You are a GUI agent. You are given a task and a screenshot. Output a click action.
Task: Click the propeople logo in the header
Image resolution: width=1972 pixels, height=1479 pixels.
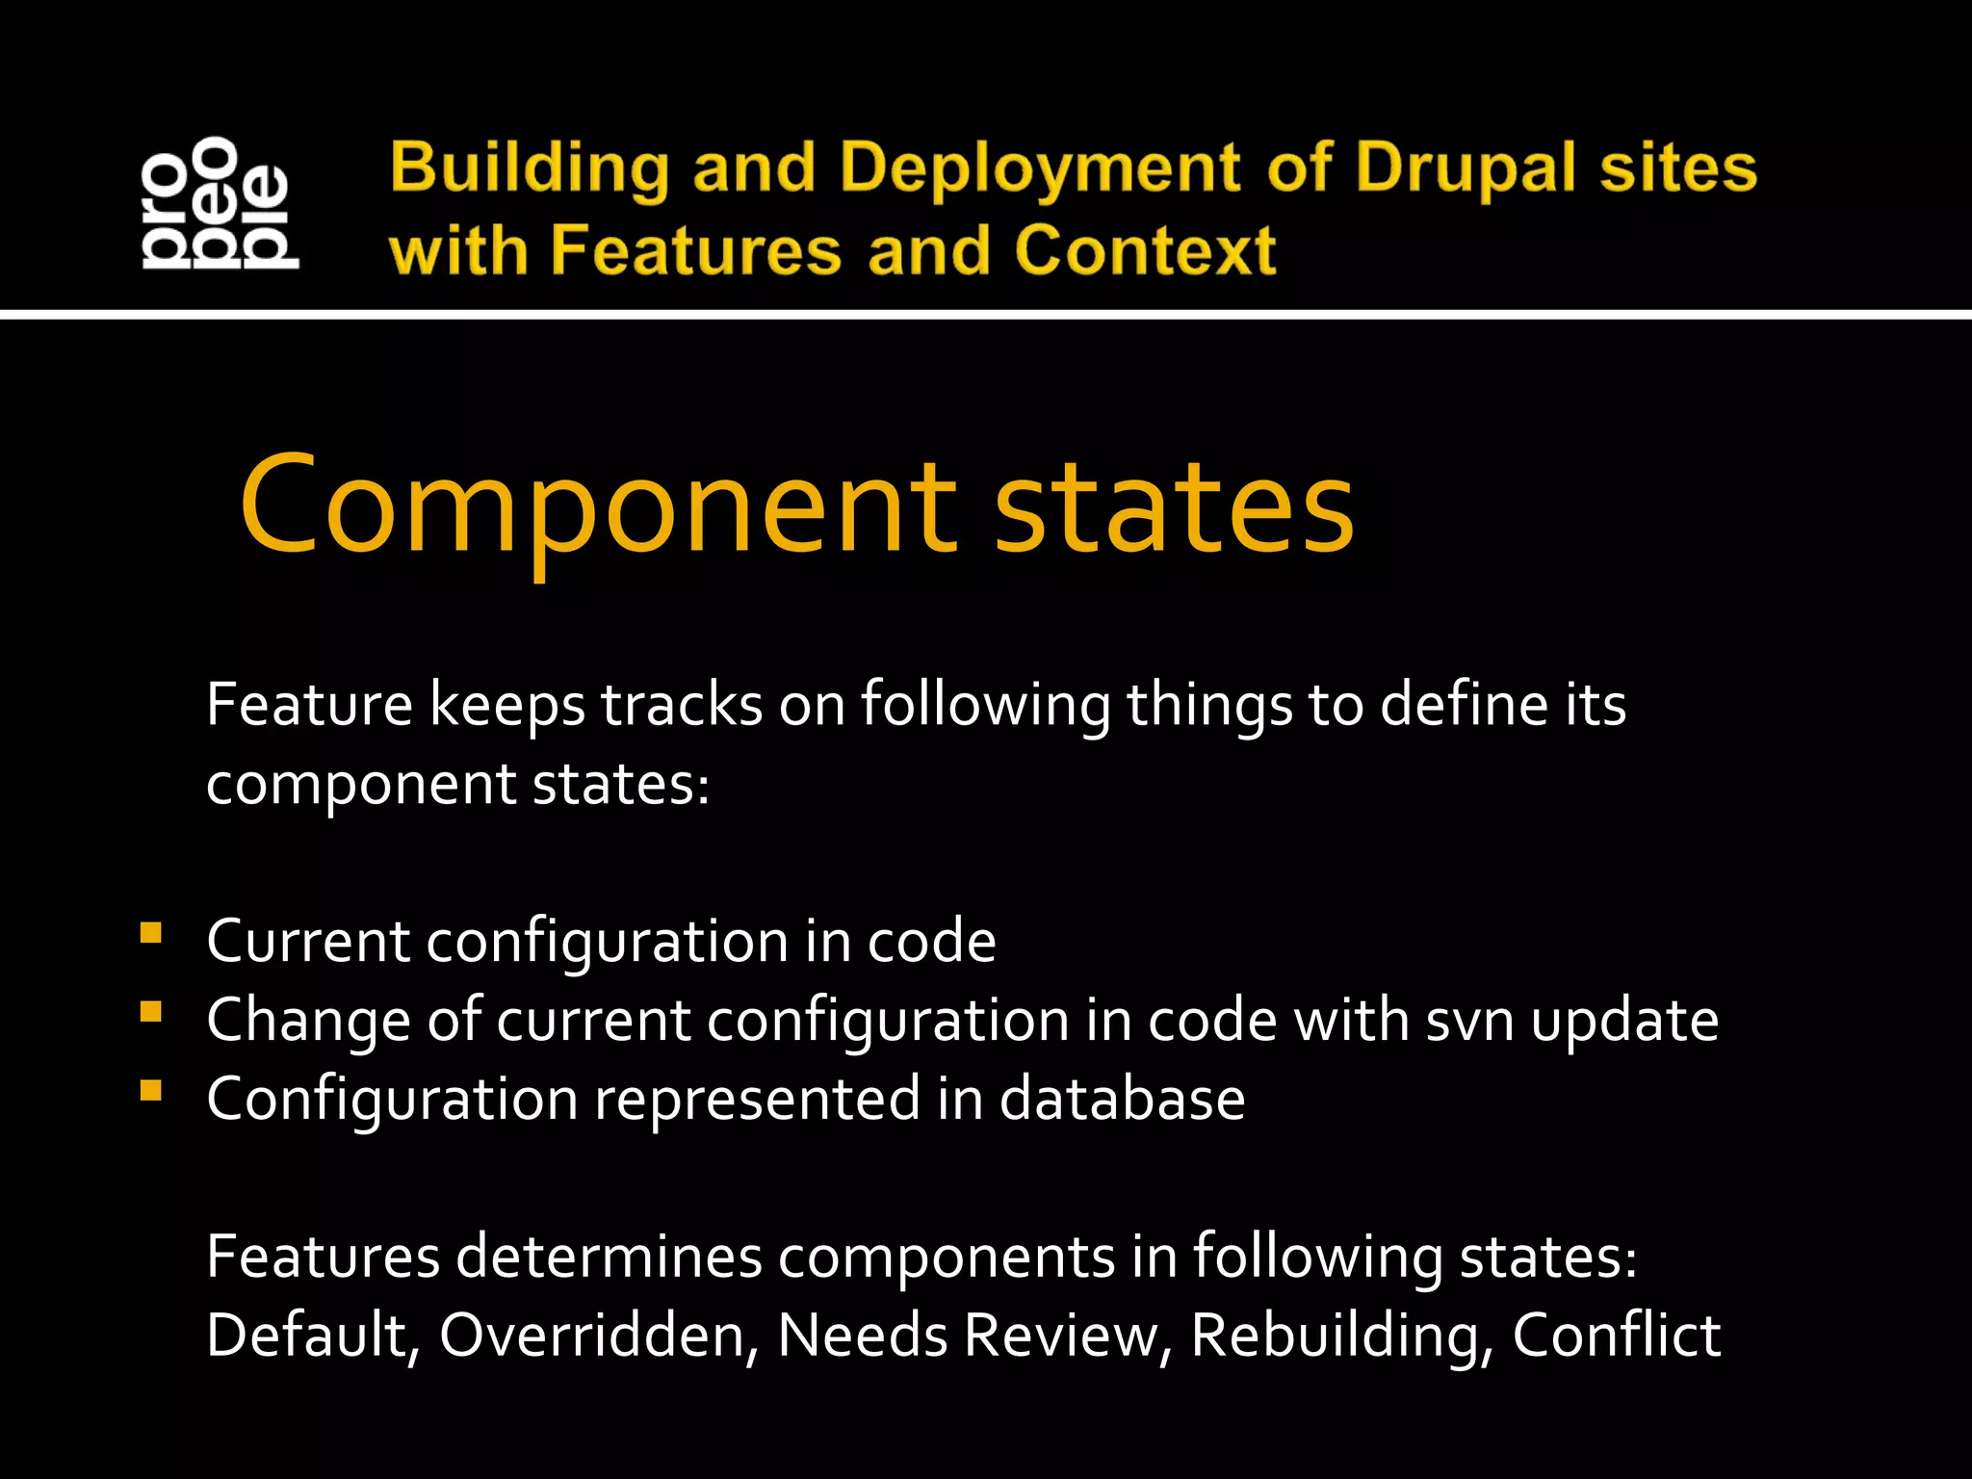[220, 202]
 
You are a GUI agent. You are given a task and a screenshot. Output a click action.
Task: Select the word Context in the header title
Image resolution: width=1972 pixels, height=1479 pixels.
[1145, 250]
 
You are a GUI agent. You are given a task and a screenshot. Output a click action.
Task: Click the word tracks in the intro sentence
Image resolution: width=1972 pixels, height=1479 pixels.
[682, 704]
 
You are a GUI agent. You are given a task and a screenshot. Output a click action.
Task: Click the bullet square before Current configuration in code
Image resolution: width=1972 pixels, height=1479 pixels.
[150, 933]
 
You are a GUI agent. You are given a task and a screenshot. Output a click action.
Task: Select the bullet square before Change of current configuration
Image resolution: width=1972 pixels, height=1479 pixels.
[150, 1012]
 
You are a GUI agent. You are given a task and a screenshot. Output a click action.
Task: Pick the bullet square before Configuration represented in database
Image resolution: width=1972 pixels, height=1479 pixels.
[150, 1091]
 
